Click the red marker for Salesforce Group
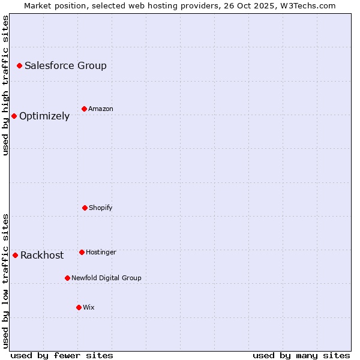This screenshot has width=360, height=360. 19,65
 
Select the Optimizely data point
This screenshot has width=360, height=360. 14,116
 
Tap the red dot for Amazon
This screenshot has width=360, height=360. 84,109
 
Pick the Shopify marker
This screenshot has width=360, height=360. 85,208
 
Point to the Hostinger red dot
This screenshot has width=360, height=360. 82,252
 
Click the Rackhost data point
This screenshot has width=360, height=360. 15,255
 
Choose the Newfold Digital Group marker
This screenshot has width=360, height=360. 67,278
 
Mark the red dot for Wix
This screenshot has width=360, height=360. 79,307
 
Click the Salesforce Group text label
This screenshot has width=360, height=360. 65,65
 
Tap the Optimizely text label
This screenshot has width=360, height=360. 44,116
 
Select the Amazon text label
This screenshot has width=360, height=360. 101,109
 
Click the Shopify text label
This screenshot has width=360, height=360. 101,208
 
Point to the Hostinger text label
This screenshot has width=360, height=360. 101,252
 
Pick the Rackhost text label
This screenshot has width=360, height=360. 42,255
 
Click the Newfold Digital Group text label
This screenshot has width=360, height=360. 106,278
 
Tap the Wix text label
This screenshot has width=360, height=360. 89,307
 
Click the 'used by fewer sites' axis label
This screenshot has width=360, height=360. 62,355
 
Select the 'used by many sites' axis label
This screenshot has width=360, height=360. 301,355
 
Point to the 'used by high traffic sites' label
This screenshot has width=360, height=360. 5,85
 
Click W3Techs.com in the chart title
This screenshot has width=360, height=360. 307,5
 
